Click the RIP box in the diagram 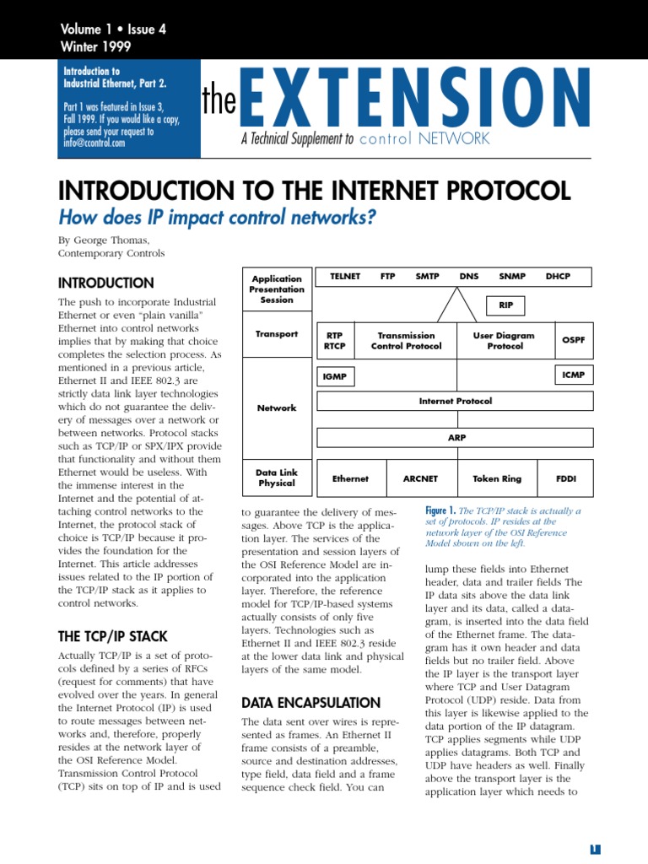(506, 305)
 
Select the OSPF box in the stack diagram (574, 340)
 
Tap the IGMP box (335, 376)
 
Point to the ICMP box (573, 374)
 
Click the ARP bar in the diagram (456, 438)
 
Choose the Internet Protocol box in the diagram (456, 401)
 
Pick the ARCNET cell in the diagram (421, 478)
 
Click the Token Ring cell (497, 478)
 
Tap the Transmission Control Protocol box (406, 340)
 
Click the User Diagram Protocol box (505, 340)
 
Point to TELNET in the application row (346, 276)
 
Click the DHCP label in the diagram (558, 276)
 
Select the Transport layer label (277, 334)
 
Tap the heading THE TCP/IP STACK (112, 636)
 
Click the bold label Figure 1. (441, 510)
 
